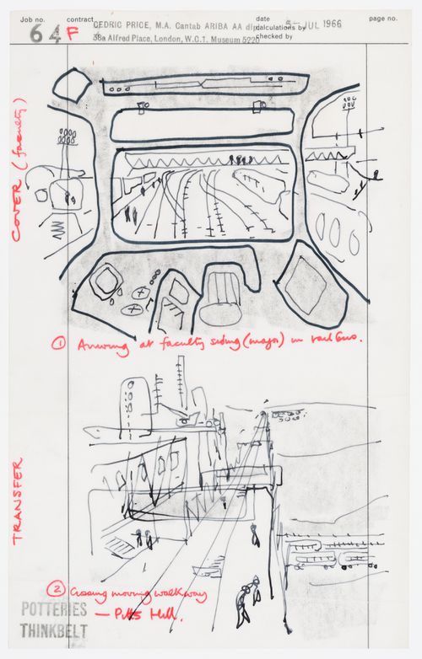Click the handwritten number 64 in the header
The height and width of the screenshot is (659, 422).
(x=40, y=35)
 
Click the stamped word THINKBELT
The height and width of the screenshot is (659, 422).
(x=54, y=630)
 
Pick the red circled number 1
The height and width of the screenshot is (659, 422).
(x=60, y=344)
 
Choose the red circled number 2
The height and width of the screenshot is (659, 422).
(x=56, y=589)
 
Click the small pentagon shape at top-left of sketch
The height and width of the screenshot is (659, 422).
(x=71, y=86)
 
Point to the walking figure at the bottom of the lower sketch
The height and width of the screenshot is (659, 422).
(x=246, y=596)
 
